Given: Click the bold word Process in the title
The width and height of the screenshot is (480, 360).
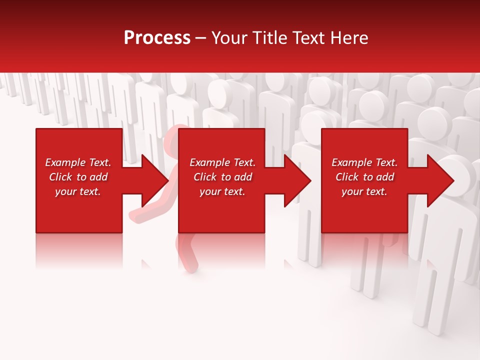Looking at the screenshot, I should pos(157,38).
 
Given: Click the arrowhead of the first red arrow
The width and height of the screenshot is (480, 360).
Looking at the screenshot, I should pos(155,180).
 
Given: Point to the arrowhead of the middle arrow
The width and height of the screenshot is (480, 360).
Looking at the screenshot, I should pos(297,180).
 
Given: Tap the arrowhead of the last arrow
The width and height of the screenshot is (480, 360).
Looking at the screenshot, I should pos(440,180).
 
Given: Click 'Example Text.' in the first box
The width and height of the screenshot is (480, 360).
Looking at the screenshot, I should pos(78,162).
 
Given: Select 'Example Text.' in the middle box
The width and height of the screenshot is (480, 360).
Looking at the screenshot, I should pos(222,162).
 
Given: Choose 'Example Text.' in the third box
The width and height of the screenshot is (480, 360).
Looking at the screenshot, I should pos(364,162).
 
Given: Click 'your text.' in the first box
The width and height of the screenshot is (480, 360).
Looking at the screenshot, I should pos(78,191).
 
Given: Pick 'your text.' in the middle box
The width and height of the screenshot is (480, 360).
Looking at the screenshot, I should pos(222,191).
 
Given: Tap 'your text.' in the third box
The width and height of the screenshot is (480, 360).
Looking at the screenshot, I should pos(364,191).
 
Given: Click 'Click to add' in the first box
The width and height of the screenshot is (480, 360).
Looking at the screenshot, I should pos(78,177).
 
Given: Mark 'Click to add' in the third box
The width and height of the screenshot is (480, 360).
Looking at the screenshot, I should pos(364,177).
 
